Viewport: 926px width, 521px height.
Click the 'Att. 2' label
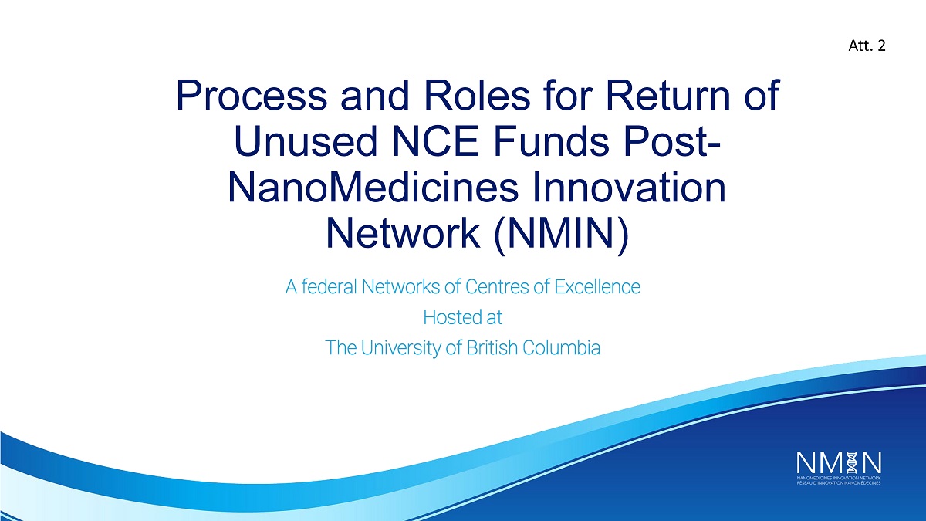[867, 46]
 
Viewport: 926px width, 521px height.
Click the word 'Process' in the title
[252, 96]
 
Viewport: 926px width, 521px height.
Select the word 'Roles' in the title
[477, 96]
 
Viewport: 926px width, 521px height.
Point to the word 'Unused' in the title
[306, 141]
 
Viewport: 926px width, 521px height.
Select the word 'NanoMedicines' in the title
[373, 188]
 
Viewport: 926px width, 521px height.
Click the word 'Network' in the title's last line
[403, 233]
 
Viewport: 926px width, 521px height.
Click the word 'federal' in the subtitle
[329, 286]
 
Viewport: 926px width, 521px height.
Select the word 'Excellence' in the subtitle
[597, 286]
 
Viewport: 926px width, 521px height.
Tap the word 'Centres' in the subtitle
[496, 286]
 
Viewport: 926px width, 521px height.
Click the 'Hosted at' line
[462, 317]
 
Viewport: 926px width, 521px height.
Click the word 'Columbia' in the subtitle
[562, 348]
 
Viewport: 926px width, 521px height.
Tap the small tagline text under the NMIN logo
[839, 480]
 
